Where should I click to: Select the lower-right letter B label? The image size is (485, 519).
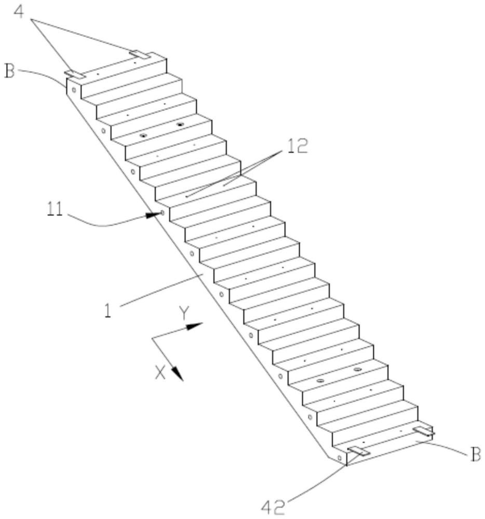[x=475, y=455]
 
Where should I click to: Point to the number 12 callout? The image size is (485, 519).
[x=298, y=146]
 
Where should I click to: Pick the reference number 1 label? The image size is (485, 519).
[x=107, y=310]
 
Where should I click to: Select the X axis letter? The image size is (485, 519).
[x=160, y=372]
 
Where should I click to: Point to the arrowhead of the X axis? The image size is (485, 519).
[x=177, y=374]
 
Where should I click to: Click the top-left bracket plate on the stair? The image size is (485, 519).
[x=75, y=74]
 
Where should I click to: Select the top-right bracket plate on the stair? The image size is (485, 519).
[x=140, y=54]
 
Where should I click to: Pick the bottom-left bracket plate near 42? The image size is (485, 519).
[x=358, y=451]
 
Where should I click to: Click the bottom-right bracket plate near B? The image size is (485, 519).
[x=424, y=431]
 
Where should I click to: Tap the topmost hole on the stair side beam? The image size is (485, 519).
[x=74, y=90]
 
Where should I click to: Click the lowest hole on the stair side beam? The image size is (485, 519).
[x=339, y=458]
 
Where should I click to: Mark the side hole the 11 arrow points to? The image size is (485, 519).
[x=163, y=212]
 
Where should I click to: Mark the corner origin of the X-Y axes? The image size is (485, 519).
[x=152, y=338]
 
